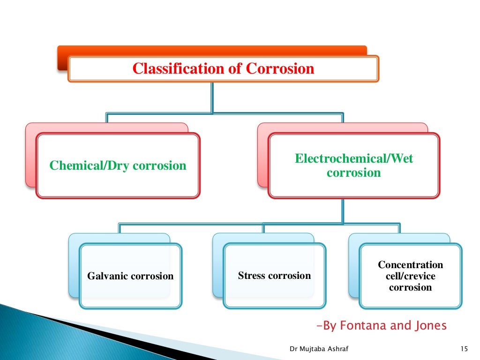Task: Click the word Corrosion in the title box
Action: tap(280, 69)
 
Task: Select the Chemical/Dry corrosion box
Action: tap(118, 165)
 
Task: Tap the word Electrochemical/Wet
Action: tap(354, 158)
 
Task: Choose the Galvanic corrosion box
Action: tap(130, 276)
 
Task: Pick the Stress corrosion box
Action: tap(274, 276)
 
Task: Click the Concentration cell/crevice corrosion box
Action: tap(410, 276)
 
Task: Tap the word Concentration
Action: tap(410, 265)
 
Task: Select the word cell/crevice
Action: tap(410, 276)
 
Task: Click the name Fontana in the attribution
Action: tap(362, 325)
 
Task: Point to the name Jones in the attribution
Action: tap(430, 325)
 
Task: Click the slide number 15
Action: tap(465, 348)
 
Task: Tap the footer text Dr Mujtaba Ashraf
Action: tap(315, 348)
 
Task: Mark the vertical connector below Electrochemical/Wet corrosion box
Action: tap(343, 210)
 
